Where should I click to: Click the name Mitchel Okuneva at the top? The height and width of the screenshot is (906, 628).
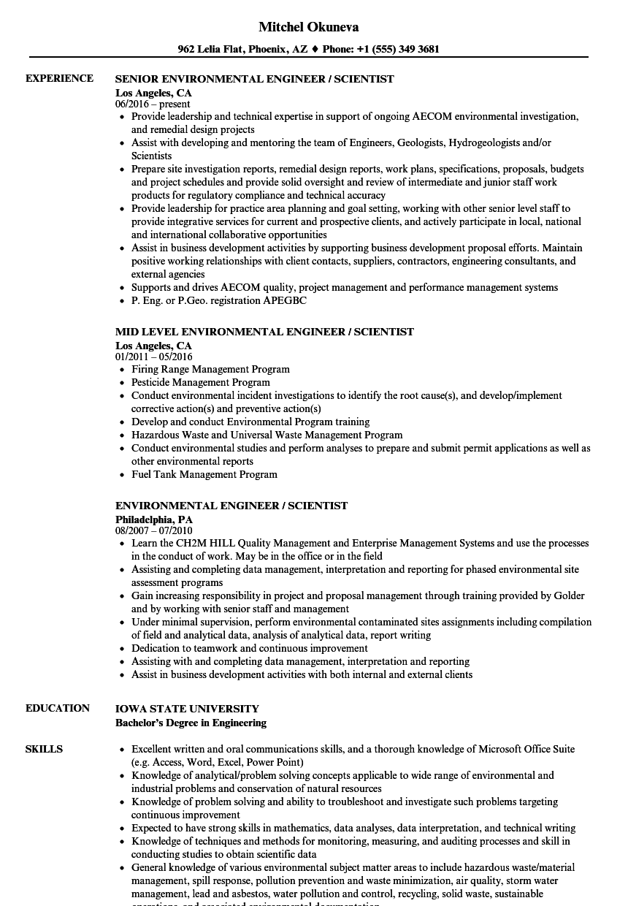point(308,27)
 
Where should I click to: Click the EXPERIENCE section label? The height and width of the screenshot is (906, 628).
point(59,78)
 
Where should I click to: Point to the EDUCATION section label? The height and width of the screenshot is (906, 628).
point(58,708)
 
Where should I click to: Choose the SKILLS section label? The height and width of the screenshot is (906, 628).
point(44,749)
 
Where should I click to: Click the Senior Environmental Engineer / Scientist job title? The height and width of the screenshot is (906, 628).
point(255,79)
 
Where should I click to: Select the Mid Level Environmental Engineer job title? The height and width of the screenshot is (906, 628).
point(264,332)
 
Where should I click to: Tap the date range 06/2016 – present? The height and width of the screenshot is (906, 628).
point(153,104)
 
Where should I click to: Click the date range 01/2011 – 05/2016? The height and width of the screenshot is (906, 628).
point(154,357)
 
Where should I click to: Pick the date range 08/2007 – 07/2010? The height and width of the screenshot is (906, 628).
point(154,530)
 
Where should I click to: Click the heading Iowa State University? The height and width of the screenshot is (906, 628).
point(187,709)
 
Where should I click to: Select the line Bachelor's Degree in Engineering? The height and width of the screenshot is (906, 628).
point(191,723)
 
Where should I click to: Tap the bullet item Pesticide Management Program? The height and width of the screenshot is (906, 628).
point(201,382)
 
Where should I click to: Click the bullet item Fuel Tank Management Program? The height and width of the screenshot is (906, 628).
point(204,474)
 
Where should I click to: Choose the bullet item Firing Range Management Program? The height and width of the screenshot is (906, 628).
point(210,369)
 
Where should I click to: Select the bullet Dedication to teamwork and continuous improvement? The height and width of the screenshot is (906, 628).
point(250,648)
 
